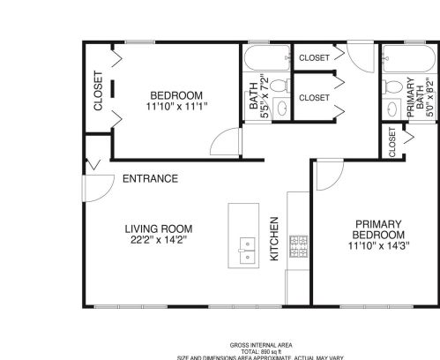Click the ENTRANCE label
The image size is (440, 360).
click(x=150, y=179)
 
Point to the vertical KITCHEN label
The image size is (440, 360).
click(x=274, y=238)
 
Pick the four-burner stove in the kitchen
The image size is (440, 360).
click(x=299, y=244)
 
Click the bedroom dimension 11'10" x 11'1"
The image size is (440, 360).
click(x=175, y=108)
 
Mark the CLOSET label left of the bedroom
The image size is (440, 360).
click(x=98, y=91)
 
